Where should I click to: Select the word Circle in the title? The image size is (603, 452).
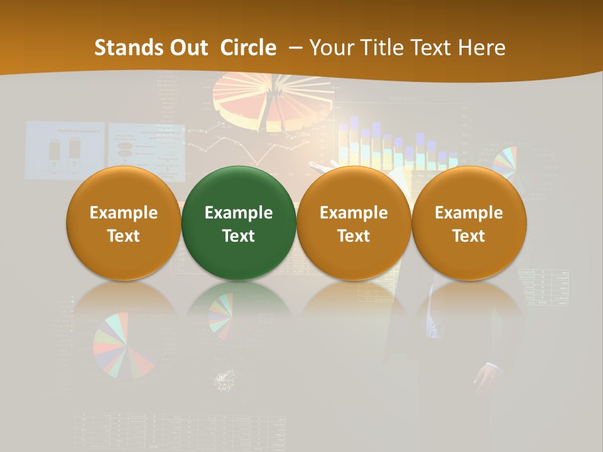(x=248, y=48)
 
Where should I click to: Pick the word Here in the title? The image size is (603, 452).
(x=481, y=48)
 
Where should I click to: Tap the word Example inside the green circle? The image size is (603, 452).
(x=239, y=213)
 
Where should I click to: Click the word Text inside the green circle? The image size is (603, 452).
(x=239, y=236)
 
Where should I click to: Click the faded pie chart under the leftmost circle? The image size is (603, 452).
(x=122, y=345)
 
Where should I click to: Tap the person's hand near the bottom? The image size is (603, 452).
(x=487, y=377)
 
